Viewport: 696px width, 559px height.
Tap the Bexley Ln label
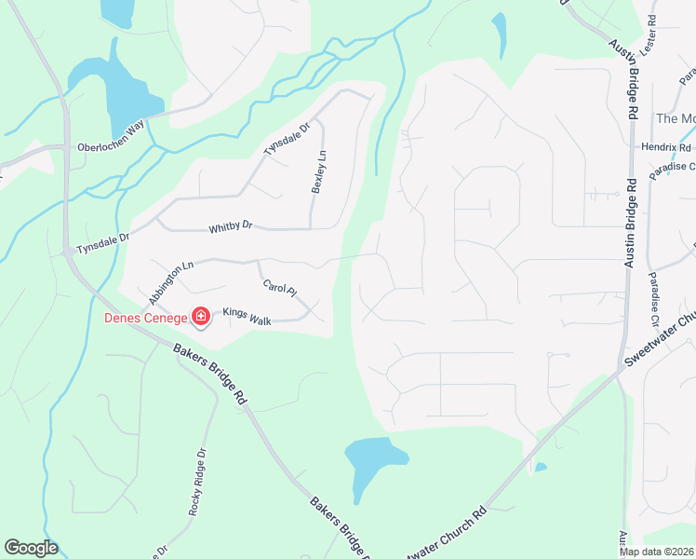coord(319,172)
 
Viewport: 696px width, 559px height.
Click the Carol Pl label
coord(279,290)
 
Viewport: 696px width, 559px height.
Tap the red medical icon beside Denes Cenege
coord(199,319)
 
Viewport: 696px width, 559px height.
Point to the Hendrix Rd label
coord(666,147)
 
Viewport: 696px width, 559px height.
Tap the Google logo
coord(31,548)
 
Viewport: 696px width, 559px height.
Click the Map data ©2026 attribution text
coord(656,552)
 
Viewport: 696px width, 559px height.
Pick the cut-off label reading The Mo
coord(676,118)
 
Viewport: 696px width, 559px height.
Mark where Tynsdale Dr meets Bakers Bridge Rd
coord(68,252)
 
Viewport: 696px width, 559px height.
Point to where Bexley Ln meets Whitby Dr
coord(310,228)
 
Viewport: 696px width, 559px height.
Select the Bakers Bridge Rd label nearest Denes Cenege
coord(209,369)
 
